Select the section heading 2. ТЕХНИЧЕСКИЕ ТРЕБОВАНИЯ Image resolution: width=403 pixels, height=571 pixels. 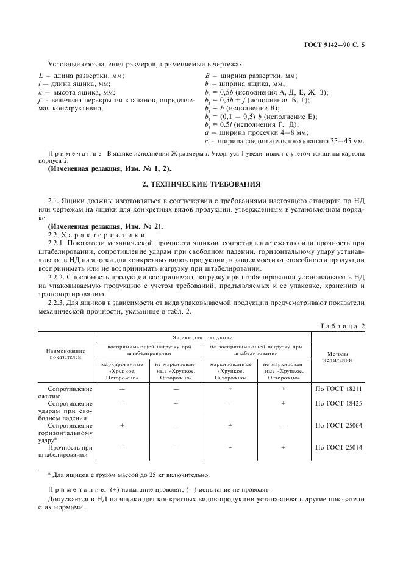click(201, 183)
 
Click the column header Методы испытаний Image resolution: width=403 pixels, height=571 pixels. click(338, 357)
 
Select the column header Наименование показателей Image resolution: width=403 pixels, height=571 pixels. click(67, 354)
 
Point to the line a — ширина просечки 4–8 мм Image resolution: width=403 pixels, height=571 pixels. click(257, 132)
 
